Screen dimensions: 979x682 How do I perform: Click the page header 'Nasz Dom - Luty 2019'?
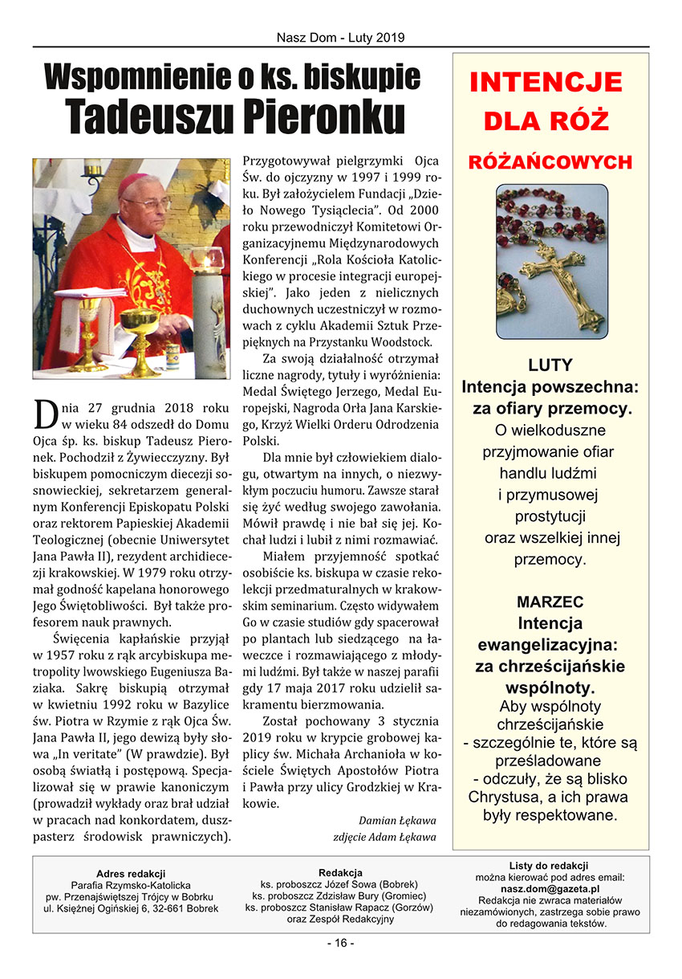340,37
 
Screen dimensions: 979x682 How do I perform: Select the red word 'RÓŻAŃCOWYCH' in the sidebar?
550,162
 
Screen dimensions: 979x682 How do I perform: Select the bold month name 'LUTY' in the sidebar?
550,365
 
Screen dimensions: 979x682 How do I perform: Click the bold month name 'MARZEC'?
550,602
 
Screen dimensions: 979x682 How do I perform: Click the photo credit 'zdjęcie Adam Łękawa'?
384,837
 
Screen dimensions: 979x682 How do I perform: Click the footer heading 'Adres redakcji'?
131,873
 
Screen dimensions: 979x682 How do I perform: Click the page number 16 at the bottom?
340,943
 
